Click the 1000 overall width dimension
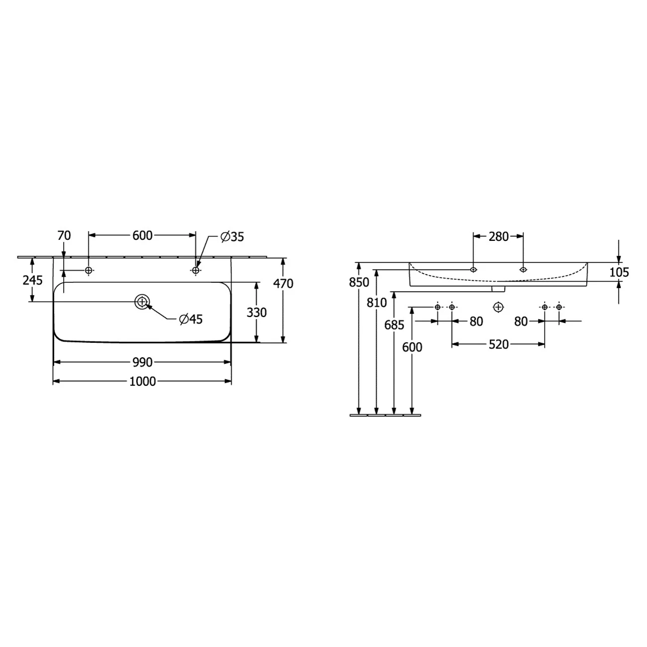click(143, 381)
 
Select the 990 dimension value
click(143, 362)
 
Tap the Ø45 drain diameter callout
click(191, 319)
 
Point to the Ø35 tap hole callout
click(232, 237)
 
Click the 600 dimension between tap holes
click(142, 236)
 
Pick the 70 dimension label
click(64, 236)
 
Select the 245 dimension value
click(32, 280)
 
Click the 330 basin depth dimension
click(256, 313)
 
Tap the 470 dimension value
click(283, 284)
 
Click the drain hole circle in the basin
click(142, 302)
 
